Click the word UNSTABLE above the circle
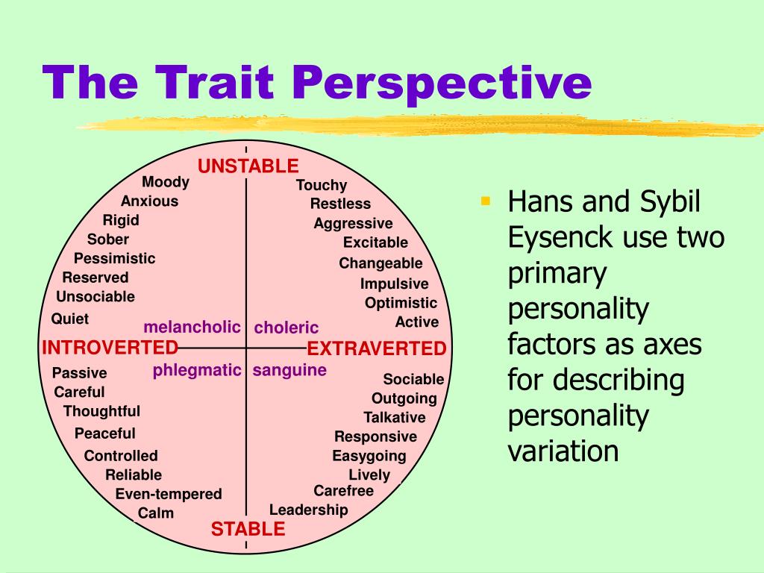point(248,166)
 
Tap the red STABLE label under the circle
point(248,530)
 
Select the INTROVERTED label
point(110,348)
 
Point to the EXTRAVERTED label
point(377,348)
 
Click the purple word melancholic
point(192,327)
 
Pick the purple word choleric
point(286,328)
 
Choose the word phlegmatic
point(197,370)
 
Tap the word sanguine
point(289,370)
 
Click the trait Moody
point(166,182)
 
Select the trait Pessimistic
point(114,258)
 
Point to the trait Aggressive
point(353,223)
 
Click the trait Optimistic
point(401,303)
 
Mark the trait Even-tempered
point(169,494)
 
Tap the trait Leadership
point(308,510)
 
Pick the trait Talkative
point(395,417)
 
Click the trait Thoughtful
point(101,411)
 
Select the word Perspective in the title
point(439,84)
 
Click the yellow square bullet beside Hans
point(486,200)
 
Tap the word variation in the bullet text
point(563,451)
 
